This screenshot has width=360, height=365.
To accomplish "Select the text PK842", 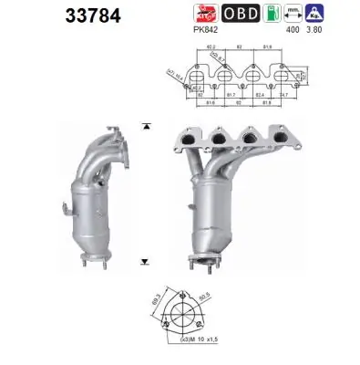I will pos(206,30).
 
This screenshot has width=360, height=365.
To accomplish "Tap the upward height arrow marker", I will pos(147,124).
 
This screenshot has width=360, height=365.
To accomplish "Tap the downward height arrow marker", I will pos(147,262).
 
